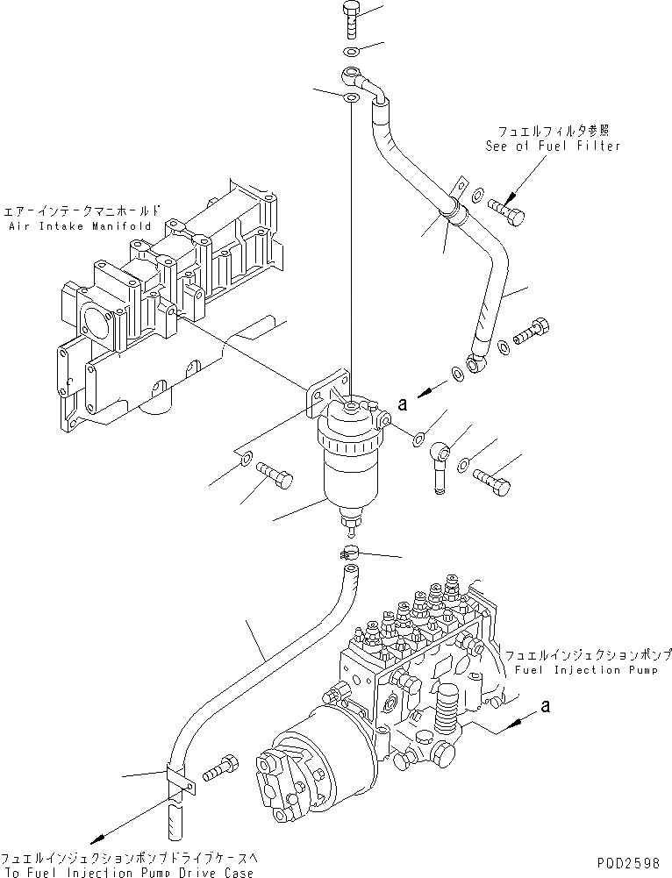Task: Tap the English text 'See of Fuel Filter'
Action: (553, 146)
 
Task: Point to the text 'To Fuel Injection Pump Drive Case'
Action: (127, 872)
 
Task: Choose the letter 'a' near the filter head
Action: (404, 404)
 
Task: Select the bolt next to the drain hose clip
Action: (218, 769)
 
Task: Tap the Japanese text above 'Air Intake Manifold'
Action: (82, 211)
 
